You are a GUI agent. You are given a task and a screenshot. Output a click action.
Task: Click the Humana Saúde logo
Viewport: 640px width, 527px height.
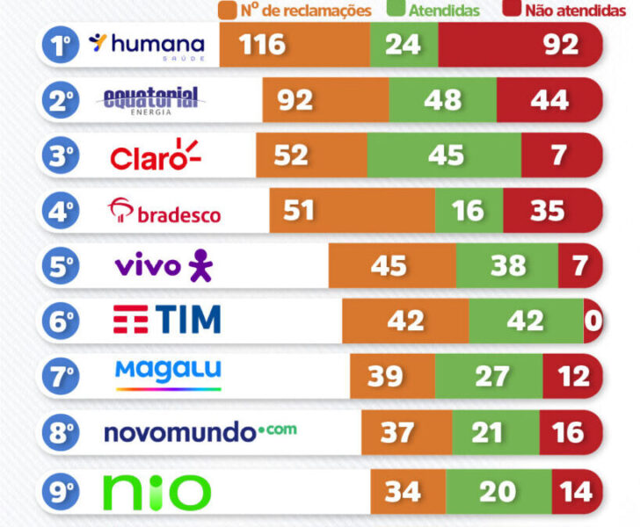point(148,45)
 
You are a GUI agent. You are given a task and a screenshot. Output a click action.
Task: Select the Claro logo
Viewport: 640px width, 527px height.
point(156,155)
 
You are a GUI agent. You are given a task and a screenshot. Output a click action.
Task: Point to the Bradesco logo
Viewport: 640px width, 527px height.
point(164,211)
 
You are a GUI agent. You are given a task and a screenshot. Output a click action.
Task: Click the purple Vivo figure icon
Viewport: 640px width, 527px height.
point(200,265)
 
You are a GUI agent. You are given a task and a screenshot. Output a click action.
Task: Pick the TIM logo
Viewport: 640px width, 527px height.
point(166,320)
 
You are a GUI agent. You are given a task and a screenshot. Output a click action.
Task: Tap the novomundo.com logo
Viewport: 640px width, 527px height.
point(200,431)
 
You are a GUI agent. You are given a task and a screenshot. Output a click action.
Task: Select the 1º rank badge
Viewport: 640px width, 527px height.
point(61,46)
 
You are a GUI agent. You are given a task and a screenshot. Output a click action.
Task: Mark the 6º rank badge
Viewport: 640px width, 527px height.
point(61,321)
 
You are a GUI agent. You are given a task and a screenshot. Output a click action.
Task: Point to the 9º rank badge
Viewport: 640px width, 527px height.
point(61,491)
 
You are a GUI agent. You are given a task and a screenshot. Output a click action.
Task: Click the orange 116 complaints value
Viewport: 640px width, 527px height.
point(261,45)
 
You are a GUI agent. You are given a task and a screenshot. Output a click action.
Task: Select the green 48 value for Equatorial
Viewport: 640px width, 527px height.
point(442,100)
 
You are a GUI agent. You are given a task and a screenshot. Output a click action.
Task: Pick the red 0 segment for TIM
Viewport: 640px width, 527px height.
point(593,321)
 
